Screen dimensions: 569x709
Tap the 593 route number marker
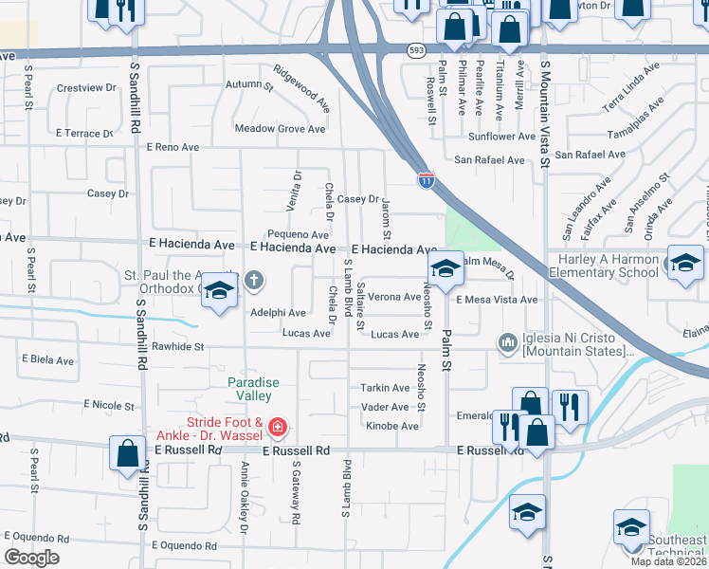pos(416,49)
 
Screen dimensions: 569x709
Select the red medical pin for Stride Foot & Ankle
pos(277,428)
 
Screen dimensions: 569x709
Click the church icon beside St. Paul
pos(253,280)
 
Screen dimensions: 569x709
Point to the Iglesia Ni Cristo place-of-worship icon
pos(507,340)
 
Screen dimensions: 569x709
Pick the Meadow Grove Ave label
pos(280,129)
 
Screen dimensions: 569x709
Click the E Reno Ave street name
pos(173,147)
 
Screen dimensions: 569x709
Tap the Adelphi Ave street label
pos(278,312)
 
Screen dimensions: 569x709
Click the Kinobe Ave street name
pos(392,426)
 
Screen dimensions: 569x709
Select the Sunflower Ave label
pos(501,137)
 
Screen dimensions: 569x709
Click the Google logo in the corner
pos(32,558)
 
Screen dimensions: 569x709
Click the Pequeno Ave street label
pos(297,233)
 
